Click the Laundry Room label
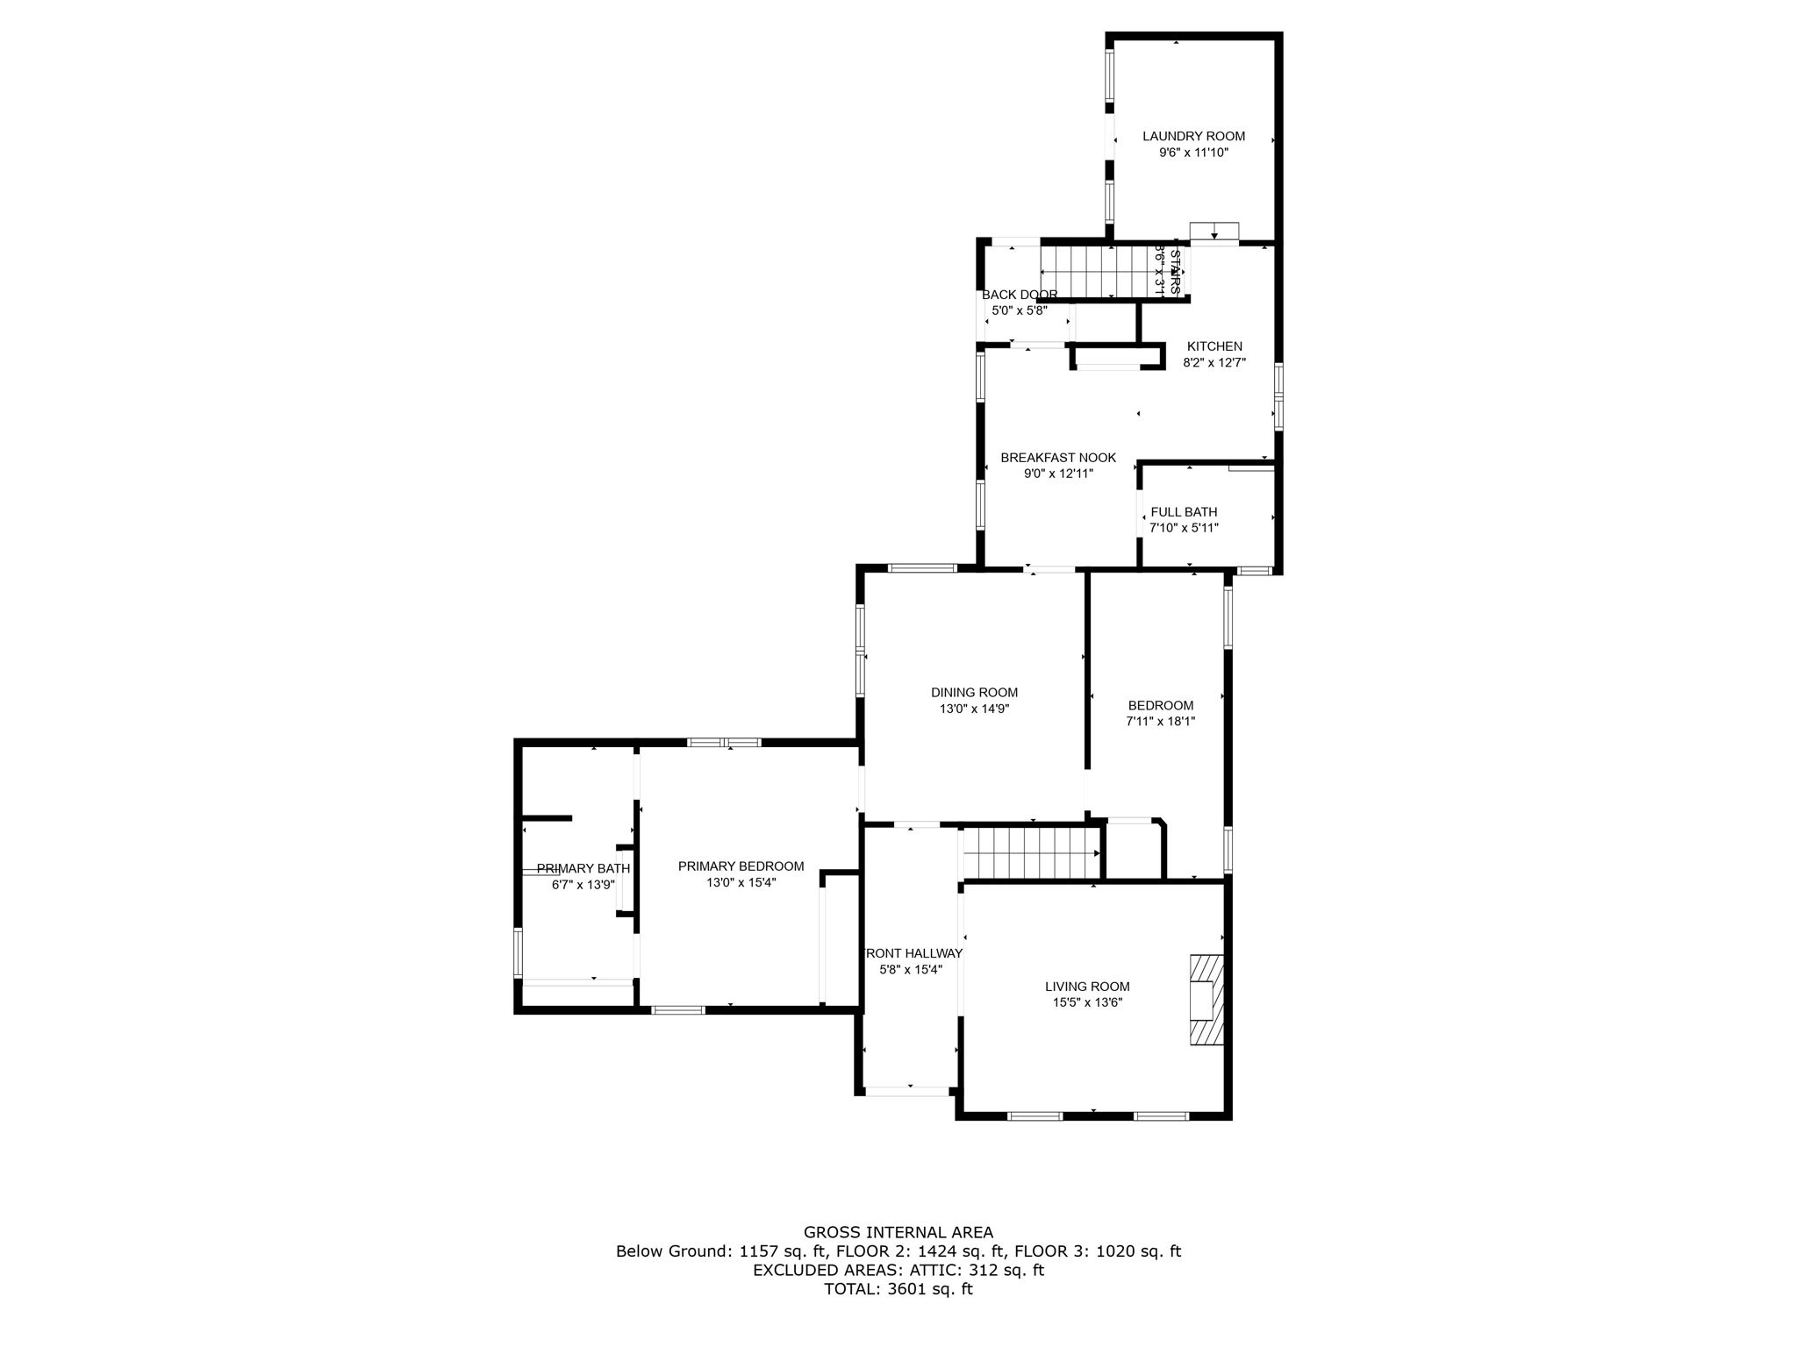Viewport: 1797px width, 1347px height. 1193,136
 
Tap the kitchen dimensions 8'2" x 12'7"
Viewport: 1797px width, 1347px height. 1214,362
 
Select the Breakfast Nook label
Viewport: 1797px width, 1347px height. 1058,458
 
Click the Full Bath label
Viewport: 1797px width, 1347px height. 1184,512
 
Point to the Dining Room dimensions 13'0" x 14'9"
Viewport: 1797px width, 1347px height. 974,709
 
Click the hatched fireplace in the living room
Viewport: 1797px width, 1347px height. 1206,1000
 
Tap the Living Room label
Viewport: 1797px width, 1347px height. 1087,987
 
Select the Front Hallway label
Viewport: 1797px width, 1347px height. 913,953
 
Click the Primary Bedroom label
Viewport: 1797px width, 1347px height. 741,866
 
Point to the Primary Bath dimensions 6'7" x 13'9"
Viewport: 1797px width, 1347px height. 583,885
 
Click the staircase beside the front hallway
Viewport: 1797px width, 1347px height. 1031,853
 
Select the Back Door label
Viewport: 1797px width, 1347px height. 1020,295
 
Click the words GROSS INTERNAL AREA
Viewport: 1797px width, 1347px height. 898,1232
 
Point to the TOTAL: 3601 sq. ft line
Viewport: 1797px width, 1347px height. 898,1289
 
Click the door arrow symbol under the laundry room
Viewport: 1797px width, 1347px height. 1214,232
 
